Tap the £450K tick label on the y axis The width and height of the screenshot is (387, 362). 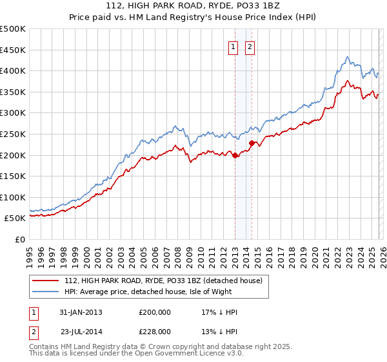click(13, 50)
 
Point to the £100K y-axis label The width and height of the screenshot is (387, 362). click(13, 197)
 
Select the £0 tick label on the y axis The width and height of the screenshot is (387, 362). click(20, 239)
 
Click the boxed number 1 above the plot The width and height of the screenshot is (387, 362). click(232, 46)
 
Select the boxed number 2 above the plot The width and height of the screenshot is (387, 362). click(250, 46)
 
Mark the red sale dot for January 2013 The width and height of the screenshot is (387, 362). click(235, 155)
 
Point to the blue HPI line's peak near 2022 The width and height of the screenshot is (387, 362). click(347, 57)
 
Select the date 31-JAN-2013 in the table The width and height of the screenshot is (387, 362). click(81, 312)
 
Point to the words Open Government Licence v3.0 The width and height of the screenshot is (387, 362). click(188, 354)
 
